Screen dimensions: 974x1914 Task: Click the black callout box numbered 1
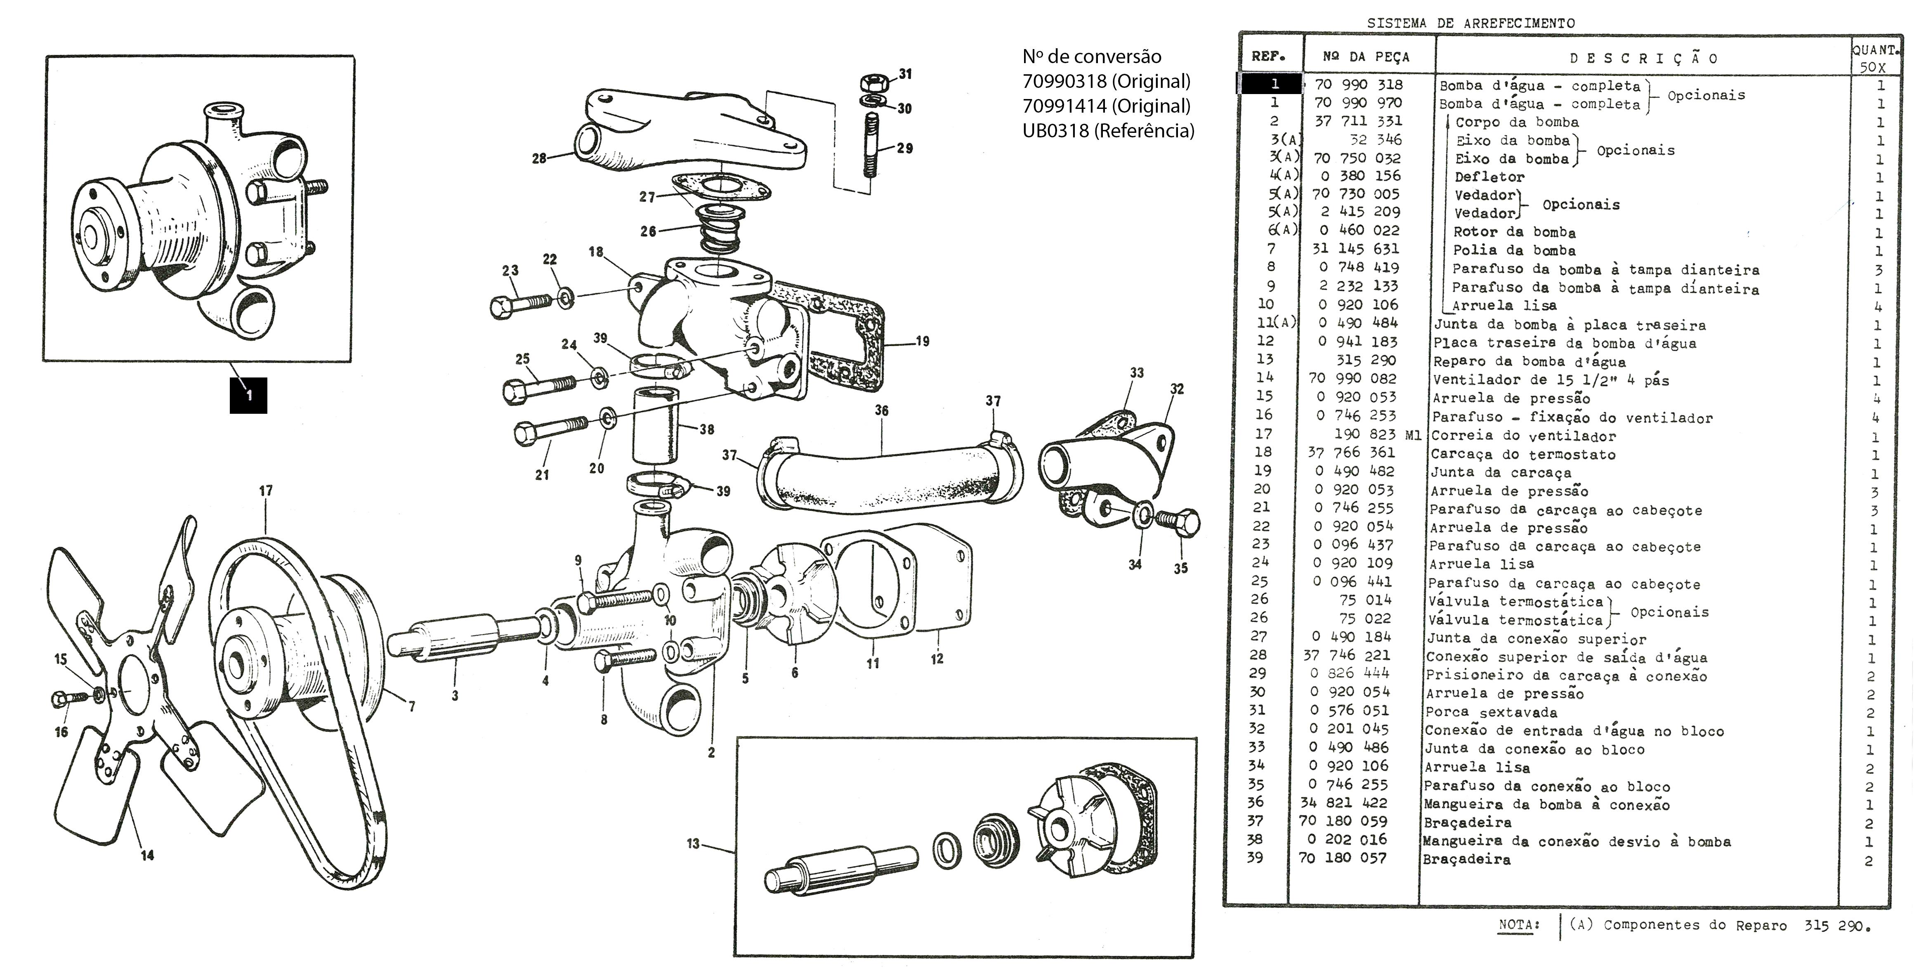[248, 394]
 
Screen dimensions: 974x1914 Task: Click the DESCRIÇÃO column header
[1643, 59]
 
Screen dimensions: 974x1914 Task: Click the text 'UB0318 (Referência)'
[1108, 131]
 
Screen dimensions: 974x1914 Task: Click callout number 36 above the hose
[881, 410]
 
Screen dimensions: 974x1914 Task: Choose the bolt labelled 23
[520, 304]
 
